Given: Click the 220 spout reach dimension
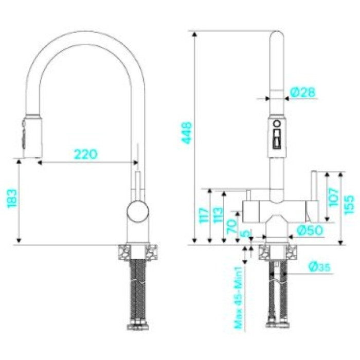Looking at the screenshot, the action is click(x=86, y=154).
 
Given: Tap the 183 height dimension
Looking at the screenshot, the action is click(x=12, y=199).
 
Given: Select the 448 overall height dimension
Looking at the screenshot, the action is click(x=187, y=133).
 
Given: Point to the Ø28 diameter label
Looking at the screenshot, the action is click(x=302, y=92).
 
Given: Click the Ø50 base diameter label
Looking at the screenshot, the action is click(x=310, y=230).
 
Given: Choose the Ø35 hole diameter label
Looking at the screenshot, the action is click(x=319, y=266).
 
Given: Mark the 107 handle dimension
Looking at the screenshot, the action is click(x=334, y=197).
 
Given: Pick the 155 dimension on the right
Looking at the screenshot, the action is click(x=349, y=205).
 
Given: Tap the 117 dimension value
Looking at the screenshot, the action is click(x=204, y=215).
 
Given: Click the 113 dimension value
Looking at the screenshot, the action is click(x=218, y=215).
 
